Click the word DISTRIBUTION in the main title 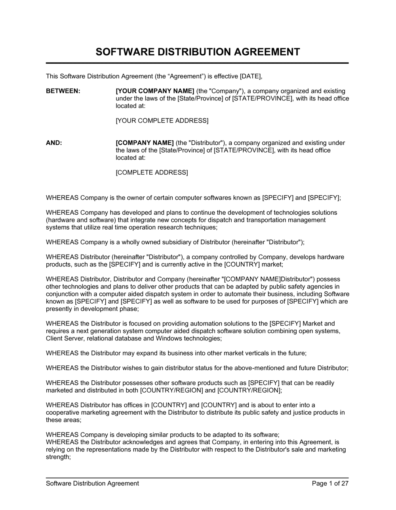click(198, 52)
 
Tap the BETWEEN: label click(63, 91)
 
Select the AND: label click(54, 143)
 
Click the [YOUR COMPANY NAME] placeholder click(155, 91)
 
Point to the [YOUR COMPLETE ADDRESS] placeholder click(162, 120)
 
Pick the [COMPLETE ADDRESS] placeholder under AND click(152, 172)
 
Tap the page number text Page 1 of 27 click(330, 483)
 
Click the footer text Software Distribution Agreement click(92, 483)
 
